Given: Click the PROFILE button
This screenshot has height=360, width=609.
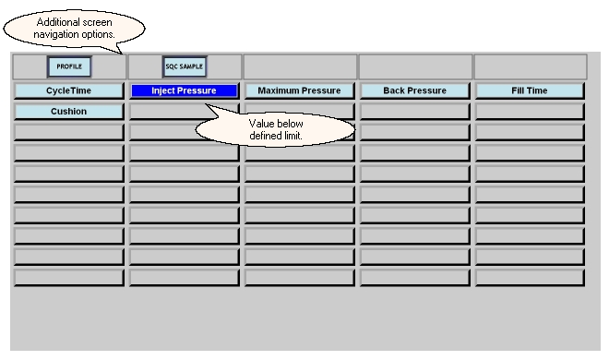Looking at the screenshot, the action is coord(69,66).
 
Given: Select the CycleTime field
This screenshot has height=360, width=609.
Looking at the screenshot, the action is coord(69,90).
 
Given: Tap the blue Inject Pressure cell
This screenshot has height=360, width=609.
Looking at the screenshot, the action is coord(185,90).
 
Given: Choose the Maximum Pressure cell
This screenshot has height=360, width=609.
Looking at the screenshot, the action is coord(300,90).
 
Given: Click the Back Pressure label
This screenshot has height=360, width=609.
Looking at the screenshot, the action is coord(415,90).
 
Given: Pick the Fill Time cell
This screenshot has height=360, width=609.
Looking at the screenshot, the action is coord(530,90).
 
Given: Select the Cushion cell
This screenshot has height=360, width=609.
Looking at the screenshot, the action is coord(69,112).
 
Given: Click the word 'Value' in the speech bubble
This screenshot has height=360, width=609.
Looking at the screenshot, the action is coord(260,124).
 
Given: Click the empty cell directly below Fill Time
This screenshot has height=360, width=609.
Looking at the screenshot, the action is coord(530,112).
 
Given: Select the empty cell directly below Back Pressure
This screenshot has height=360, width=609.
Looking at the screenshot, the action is coord(415,112).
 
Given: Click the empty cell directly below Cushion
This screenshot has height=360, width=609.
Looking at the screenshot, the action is coord(69,132).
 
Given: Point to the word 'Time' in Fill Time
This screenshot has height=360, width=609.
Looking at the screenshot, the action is coord(537,90).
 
